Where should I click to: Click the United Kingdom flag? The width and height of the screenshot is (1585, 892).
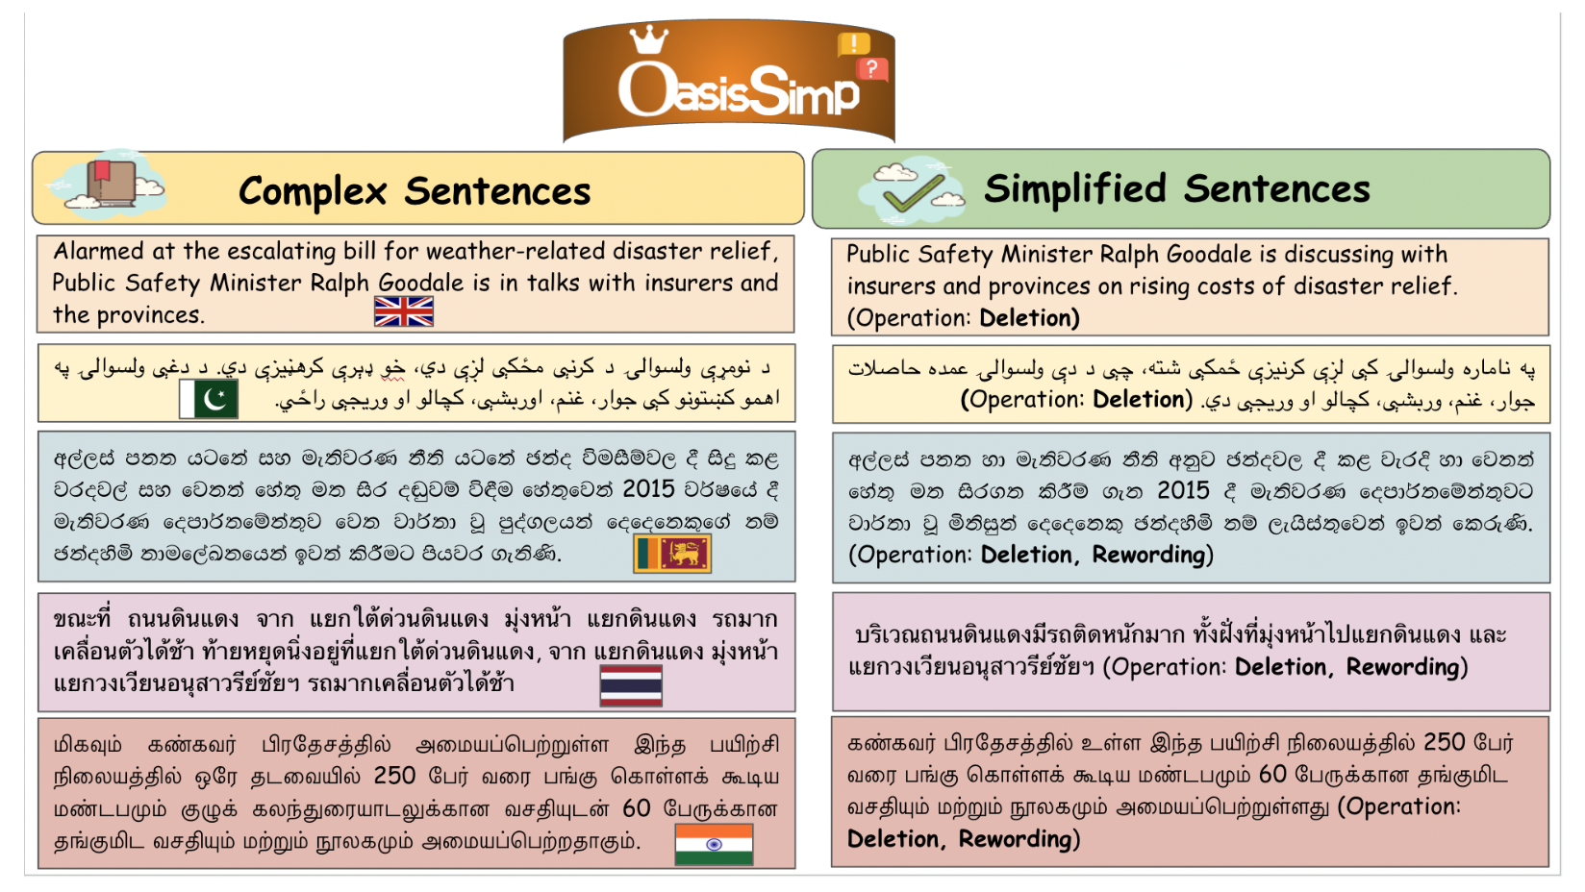(403, 311)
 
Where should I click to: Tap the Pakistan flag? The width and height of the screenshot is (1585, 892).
(209, 399)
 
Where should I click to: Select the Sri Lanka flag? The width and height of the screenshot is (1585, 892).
(672, 553)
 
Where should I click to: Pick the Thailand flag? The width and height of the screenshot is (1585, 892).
(631, 685)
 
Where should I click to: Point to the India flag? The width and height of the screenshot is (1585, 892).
(714, 844)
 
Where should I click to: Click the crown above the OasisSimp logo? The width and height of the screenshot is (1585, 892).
(649, 39)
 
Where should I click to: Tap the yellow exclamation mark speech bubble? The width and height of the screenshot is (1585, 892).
(854, 44)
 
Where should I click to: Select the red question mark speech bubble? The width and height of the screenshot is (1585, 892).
(872, 69)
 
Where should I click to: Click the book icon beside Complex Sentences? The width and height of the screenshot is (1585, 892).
(112, 184)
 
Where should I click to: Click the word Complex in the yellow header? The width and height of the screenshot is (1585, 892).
(313, 191)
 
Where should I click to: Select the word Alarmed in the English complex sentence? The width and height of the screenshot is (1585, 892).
(99, 251)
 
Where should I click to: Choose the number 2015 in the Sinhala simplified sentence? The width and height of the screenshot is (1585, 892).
(1183, 490)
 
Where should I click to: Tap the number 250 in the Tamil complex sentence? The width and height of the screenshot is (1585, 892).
(395, 776)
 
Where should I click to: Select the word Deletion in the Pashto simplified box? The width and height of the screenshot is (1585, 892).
(1139, 400)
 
